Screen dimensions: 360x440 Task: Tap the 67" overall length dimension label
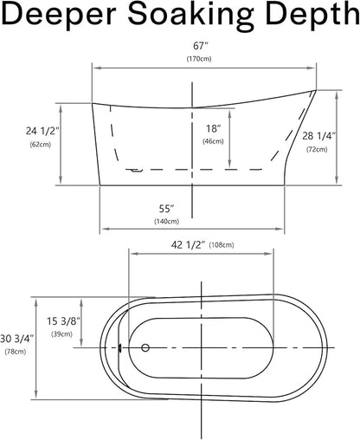pos(200,46)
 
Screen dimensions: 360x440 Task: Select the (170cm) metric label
pos(199,59)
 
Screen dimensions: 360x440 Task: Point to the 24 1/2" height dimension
pos(42,131)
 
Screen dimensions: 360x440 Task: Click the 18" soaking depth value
pos(214,128)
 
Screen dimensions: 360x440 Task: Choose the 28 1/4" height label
pos(319,136)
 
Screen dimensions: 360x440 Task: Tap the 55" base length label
pos(167,209)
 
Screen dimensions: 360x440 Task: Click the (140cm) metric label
pos(167,222)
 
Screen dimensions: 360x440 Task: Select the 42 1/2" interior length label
pos(188,245)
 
